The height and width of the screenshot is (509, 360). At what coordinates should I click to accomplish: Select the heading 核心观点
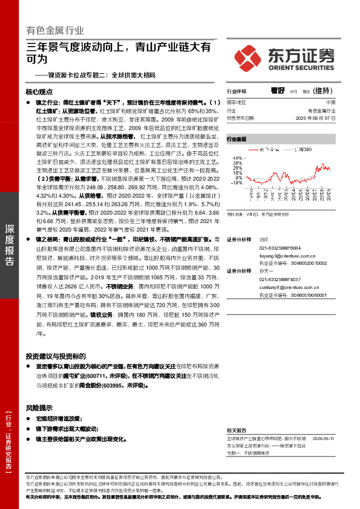tap(40, 92)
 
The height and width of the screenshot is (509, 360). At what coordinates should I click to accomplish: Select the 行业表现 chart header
tap(237, 139)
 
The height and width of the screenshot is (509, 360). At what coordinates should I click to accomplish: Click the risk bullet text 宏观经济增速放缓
tap(58, 418)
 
